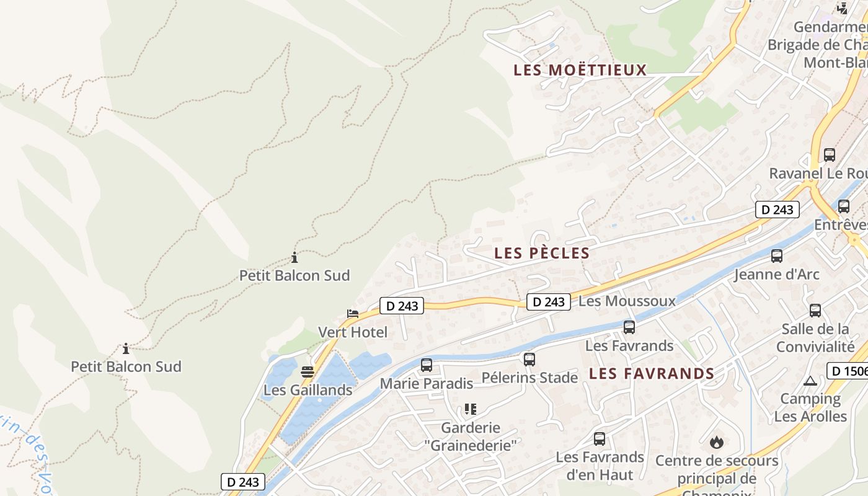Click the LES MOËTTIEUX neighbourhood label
click(x=580, y=70)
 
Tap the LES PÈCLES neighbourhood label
click(x=542, y=253)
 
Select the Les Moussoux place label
click(x=627, y=301)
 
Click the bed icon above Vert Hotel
click(x=353, y=314)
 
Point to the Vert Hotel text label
click(x=353, y=332)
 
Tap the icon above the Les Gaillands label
click(x=308, y=372)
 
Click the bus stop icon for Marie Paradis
click(x=427, y=365)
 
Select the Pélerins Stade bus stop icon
click(x=529, y=359)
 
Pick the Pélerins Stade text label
click(x=529, y=377)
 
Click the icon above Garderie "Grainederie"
click(x=471, y=409)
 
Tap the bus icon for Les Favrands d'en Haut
click(x=599, y=439)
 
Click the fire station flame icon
click(x=717, y=442)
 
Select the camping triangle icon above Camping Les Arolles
click(x=810, y=381)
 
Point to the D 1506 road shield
click(x=848, y=371)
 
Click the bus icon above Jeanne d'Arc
click(x=777, y=255)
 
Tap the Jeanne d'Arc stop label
click(x=777, y=274)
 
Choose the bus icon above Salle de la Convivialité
click(x=815, y=311)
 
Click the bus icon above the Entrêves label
click(x=843, y=206)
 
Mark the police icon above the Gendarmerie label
click(x=842, y=8)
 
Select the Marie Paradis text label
click(x=427, y=384)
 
